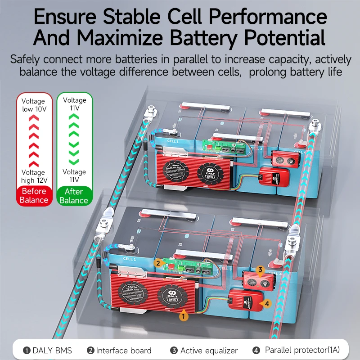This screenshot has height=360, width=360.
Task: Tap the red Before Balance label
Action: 34,195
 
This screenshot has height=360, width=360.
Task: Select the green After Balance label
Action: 74,196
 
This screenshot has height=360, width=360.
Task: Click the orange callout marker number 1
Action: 183,316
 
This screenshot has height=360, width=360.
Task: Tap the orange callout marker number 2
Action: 158,263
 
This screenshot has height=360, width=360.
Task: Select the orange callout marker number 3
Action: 260,270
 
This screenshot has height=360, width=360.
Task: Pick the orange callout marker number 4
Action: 267,304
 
